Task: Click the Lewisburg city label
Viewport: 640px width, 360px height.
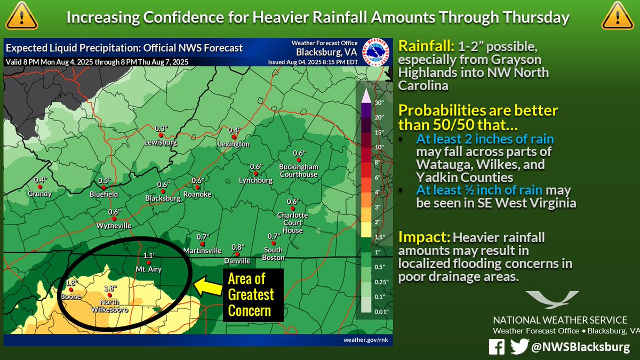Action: (x=160, y=142)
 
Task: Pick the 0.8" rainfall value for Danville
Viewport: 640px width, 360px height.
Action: (x=237, y=247)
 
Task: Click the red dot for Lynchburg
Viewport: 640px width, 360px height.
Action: (x=256, y=173)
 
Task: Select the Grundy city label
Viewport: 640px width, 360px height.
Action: (x=40, y=194)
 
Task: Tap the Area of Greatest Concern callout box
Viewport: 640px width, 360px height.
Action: (x=251, y=294)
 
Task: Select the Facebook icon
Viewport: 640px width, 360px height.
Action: (x=497, y=347)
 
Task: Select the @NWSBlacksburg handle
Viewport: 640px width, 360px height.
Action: (x=581, y=347)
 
